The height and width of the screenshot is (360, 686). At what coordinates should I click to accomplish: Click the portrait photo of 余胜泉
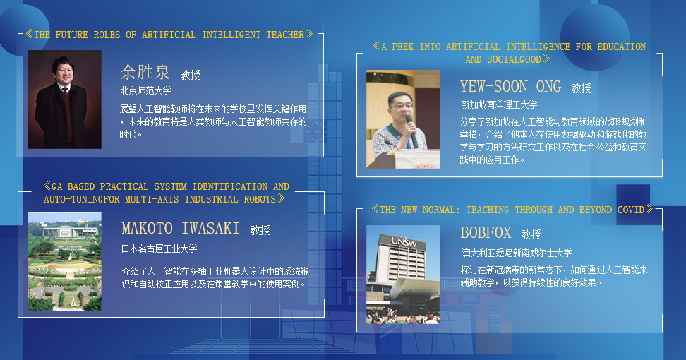tap(64, 100)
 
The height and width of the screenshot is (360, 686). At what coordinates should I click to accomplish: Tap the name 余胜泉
tap(145, 72)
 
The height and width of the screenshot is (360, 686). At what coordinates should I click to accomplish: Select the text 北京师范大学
tap(145, 90)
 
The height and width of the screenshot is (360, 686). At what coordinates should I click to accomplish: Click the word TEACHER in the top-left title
tap(285, 35)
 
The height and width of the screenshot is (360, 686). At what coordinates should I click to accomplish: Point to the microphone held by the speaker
tap(411, 131)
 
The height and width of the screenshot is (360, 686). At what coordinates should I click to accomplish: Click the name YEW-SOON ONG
tap(510, 87)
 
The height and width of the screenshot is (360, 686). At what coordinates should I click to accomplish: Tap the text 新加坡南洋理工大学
tap(499, 105)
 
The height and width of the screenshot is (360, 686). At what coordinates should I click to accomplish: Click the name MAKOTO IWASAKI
tap(180, 228)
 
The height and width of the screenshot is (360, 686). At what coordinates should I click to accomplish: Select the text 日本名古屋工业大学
tap(160, 249)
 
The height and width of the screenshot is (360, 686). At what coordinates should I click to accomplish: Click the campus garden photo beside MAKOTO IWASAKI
tap(64, 262)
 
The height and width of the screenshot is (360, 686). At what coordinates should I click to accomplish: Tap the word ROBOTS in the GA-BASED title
tap(260, 200)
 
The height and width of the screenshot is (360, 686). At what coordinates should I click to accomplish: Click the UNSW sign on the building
tap(404, 241)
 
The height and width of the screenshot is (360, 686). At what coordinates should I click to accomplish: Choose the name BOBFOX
tap(486, 233)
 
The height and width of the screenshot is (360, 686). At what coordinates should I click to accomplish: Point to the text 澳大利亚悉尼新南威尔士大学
tap(517, 253)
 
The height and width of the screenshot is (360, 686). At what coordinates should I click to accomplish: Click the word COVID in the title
tap(631, 210)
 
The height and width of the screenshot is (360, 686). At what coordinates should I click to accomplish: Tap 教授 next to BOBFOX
tap(531, 235)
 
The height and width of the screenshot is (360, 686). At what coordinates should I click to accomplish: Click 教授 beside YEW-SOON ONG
tap(581, 89)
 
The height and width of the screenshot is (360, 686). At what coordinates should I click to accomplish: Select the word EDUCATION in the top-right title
tap(622, 47)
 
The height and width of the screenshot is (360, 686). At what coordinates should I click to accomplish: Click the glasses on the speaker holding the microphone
tap(401, 106)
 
